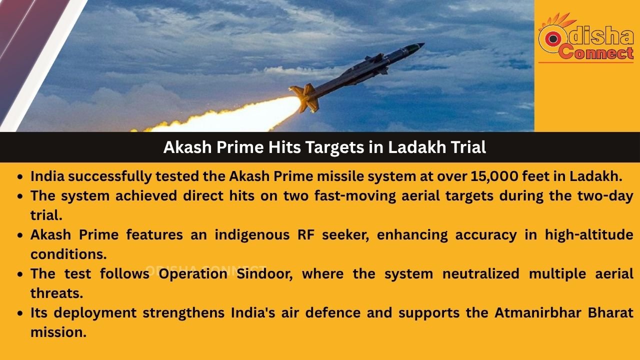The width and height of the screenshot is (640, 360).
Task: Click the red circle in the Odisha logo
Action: pos(552,39)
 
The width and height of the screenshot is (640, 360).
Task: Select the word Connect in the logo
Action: pos(596,52)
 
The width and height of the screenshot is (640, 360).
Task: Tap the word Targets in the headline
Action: pos(335,147)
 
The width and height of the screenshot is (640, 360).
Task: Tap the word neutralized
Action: pos(480,273)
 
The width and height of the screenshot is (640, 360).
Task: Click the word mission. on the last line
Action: pos(58,332)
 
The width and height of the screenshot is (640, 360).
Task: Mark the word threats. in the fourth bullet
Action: pos(56,293)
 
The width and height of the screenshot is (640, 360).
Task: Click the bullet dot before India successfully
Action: pos(19,177)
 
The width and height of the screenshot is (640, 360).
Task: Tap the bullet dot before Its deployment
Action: pos(19,313)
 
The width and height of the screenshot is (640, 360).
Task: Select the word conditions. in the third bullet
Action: pos(68,254)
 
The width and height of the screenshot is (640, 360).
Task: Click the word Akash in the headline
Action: pos(187,147)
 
